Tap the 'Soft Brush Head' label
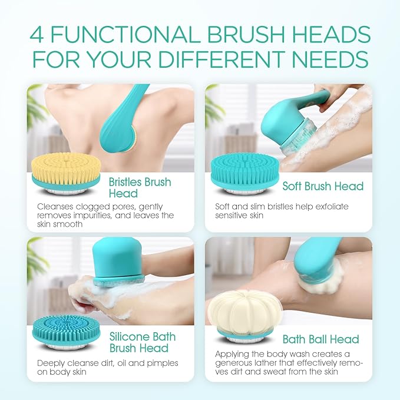[322, 186]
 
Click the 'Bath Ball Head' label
[320, 339]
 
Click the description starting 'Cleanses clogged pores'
[105, 215]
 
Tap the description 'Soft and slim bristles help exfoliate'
[281, 211]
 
